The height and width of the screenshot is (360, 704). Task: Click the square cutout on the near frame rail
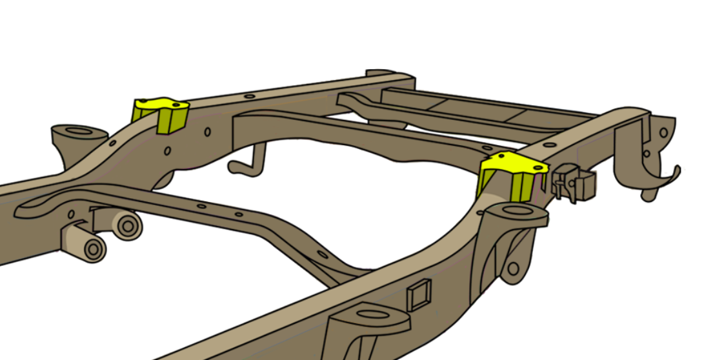pyautogui.click(x=419, y=295)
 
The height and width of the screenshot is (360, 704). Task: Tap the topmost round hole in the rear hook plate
pyautogui.click(x=663, y=132)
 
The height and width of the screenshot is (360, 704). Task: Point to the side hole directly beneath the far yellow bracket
pyautogui.click(x=167, y=151)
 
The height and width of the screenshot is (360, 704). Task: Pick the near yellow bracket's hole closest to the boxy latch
pyautogui.click(x=536, y=168)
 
